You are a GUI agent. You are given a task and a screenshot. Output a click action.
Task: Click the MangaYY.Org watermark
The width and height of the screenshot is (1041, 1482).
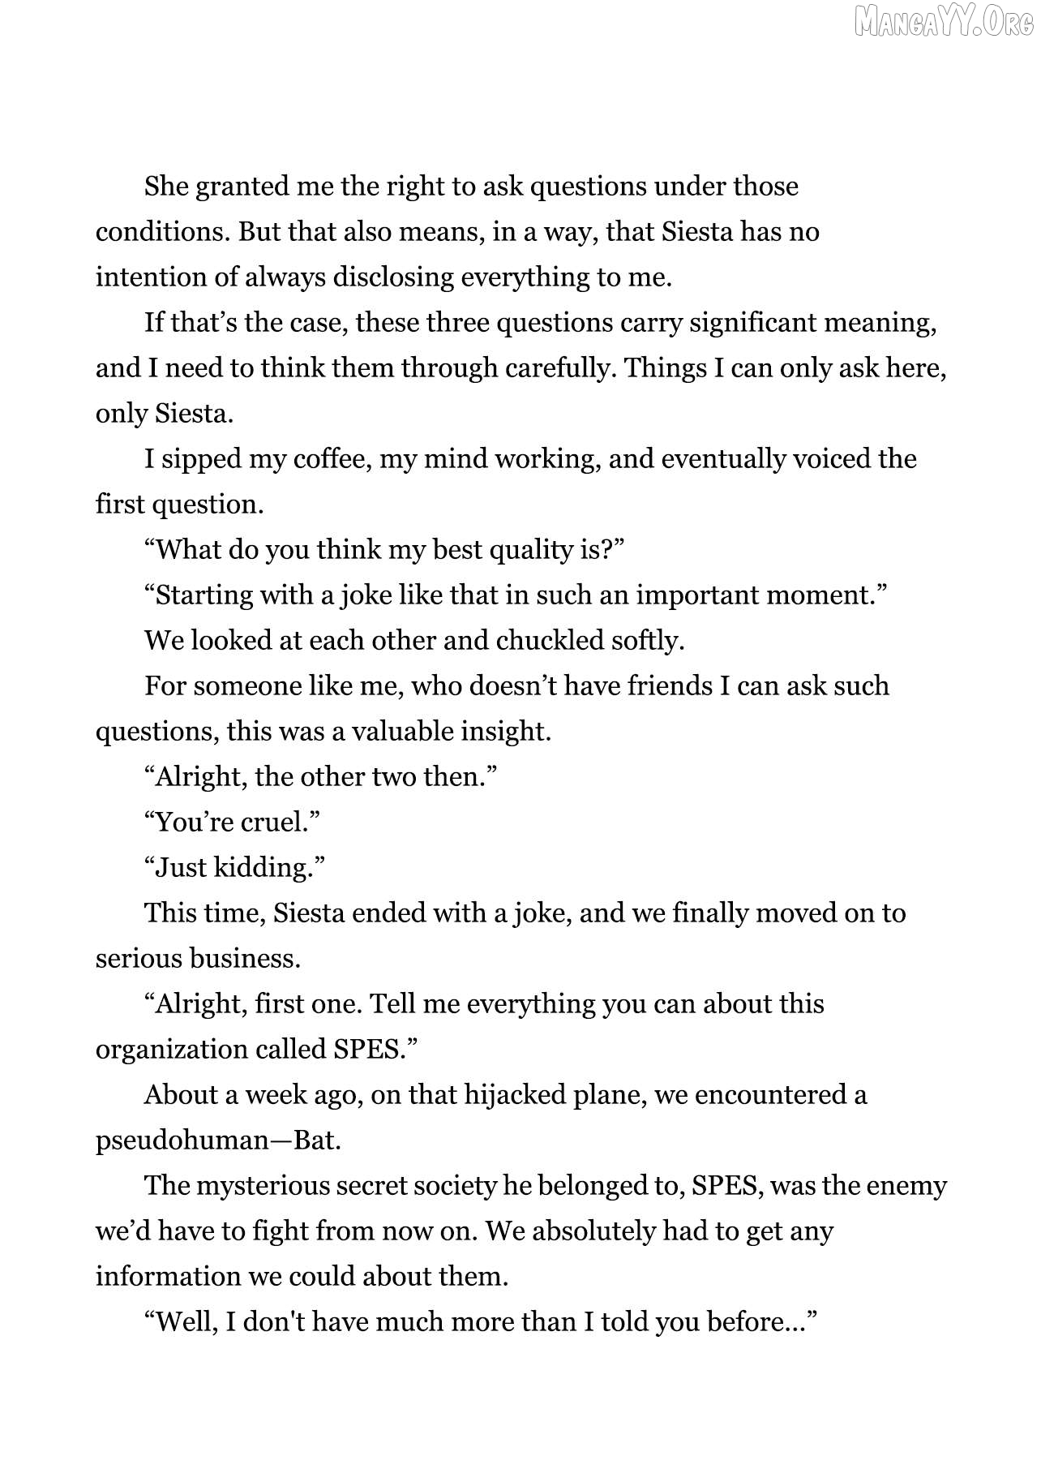click(x=945, y=23)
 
